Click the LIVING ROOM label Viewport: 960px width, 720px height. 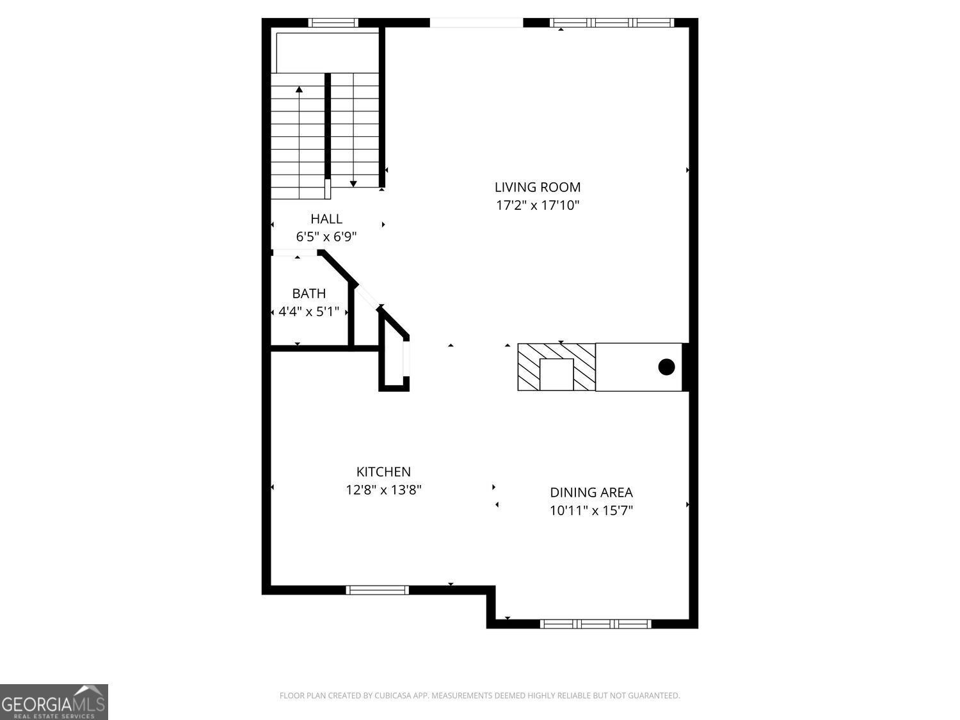point(537,188)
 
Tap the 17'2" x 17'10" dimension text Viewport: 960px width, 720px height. point(537,205)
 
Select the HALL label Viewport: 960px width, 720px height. point(326,219)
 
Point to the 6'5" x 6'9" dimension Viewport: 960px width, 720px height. point(326,237)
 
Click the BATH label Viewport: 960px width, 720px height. point(308,294)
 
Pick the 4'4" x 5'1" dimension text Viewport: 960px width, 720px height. point(308,312)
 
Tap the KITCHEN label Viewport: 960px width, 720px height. point(383,472)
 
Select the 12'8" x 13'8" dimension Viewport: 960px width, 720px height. point(383,490)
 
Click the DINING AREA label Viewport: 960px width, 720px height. point(591,492)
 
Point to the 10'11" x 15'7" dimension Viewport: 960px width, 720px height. point(591,511)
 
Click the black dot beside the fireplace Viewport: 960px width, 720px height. point(666,367)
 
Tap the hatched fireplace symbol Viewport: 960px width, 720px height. point(556,367)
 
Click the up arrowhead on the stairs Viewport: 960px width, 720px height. point(299,90)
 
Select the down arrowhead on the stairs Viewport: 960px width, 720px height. point(353,184)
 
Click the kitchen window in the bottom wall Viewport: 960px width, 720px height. point(378,590)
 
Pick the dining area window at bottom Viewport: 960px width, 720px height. point(595,624)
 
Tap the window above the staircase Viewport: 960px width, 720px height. point(333,23)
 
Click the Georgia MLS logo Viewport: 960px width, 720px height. point(54,701)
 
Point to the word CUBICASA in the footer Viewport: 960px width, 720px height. point(391,696)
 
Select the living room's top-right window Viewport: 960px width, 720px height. point(612,23)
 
